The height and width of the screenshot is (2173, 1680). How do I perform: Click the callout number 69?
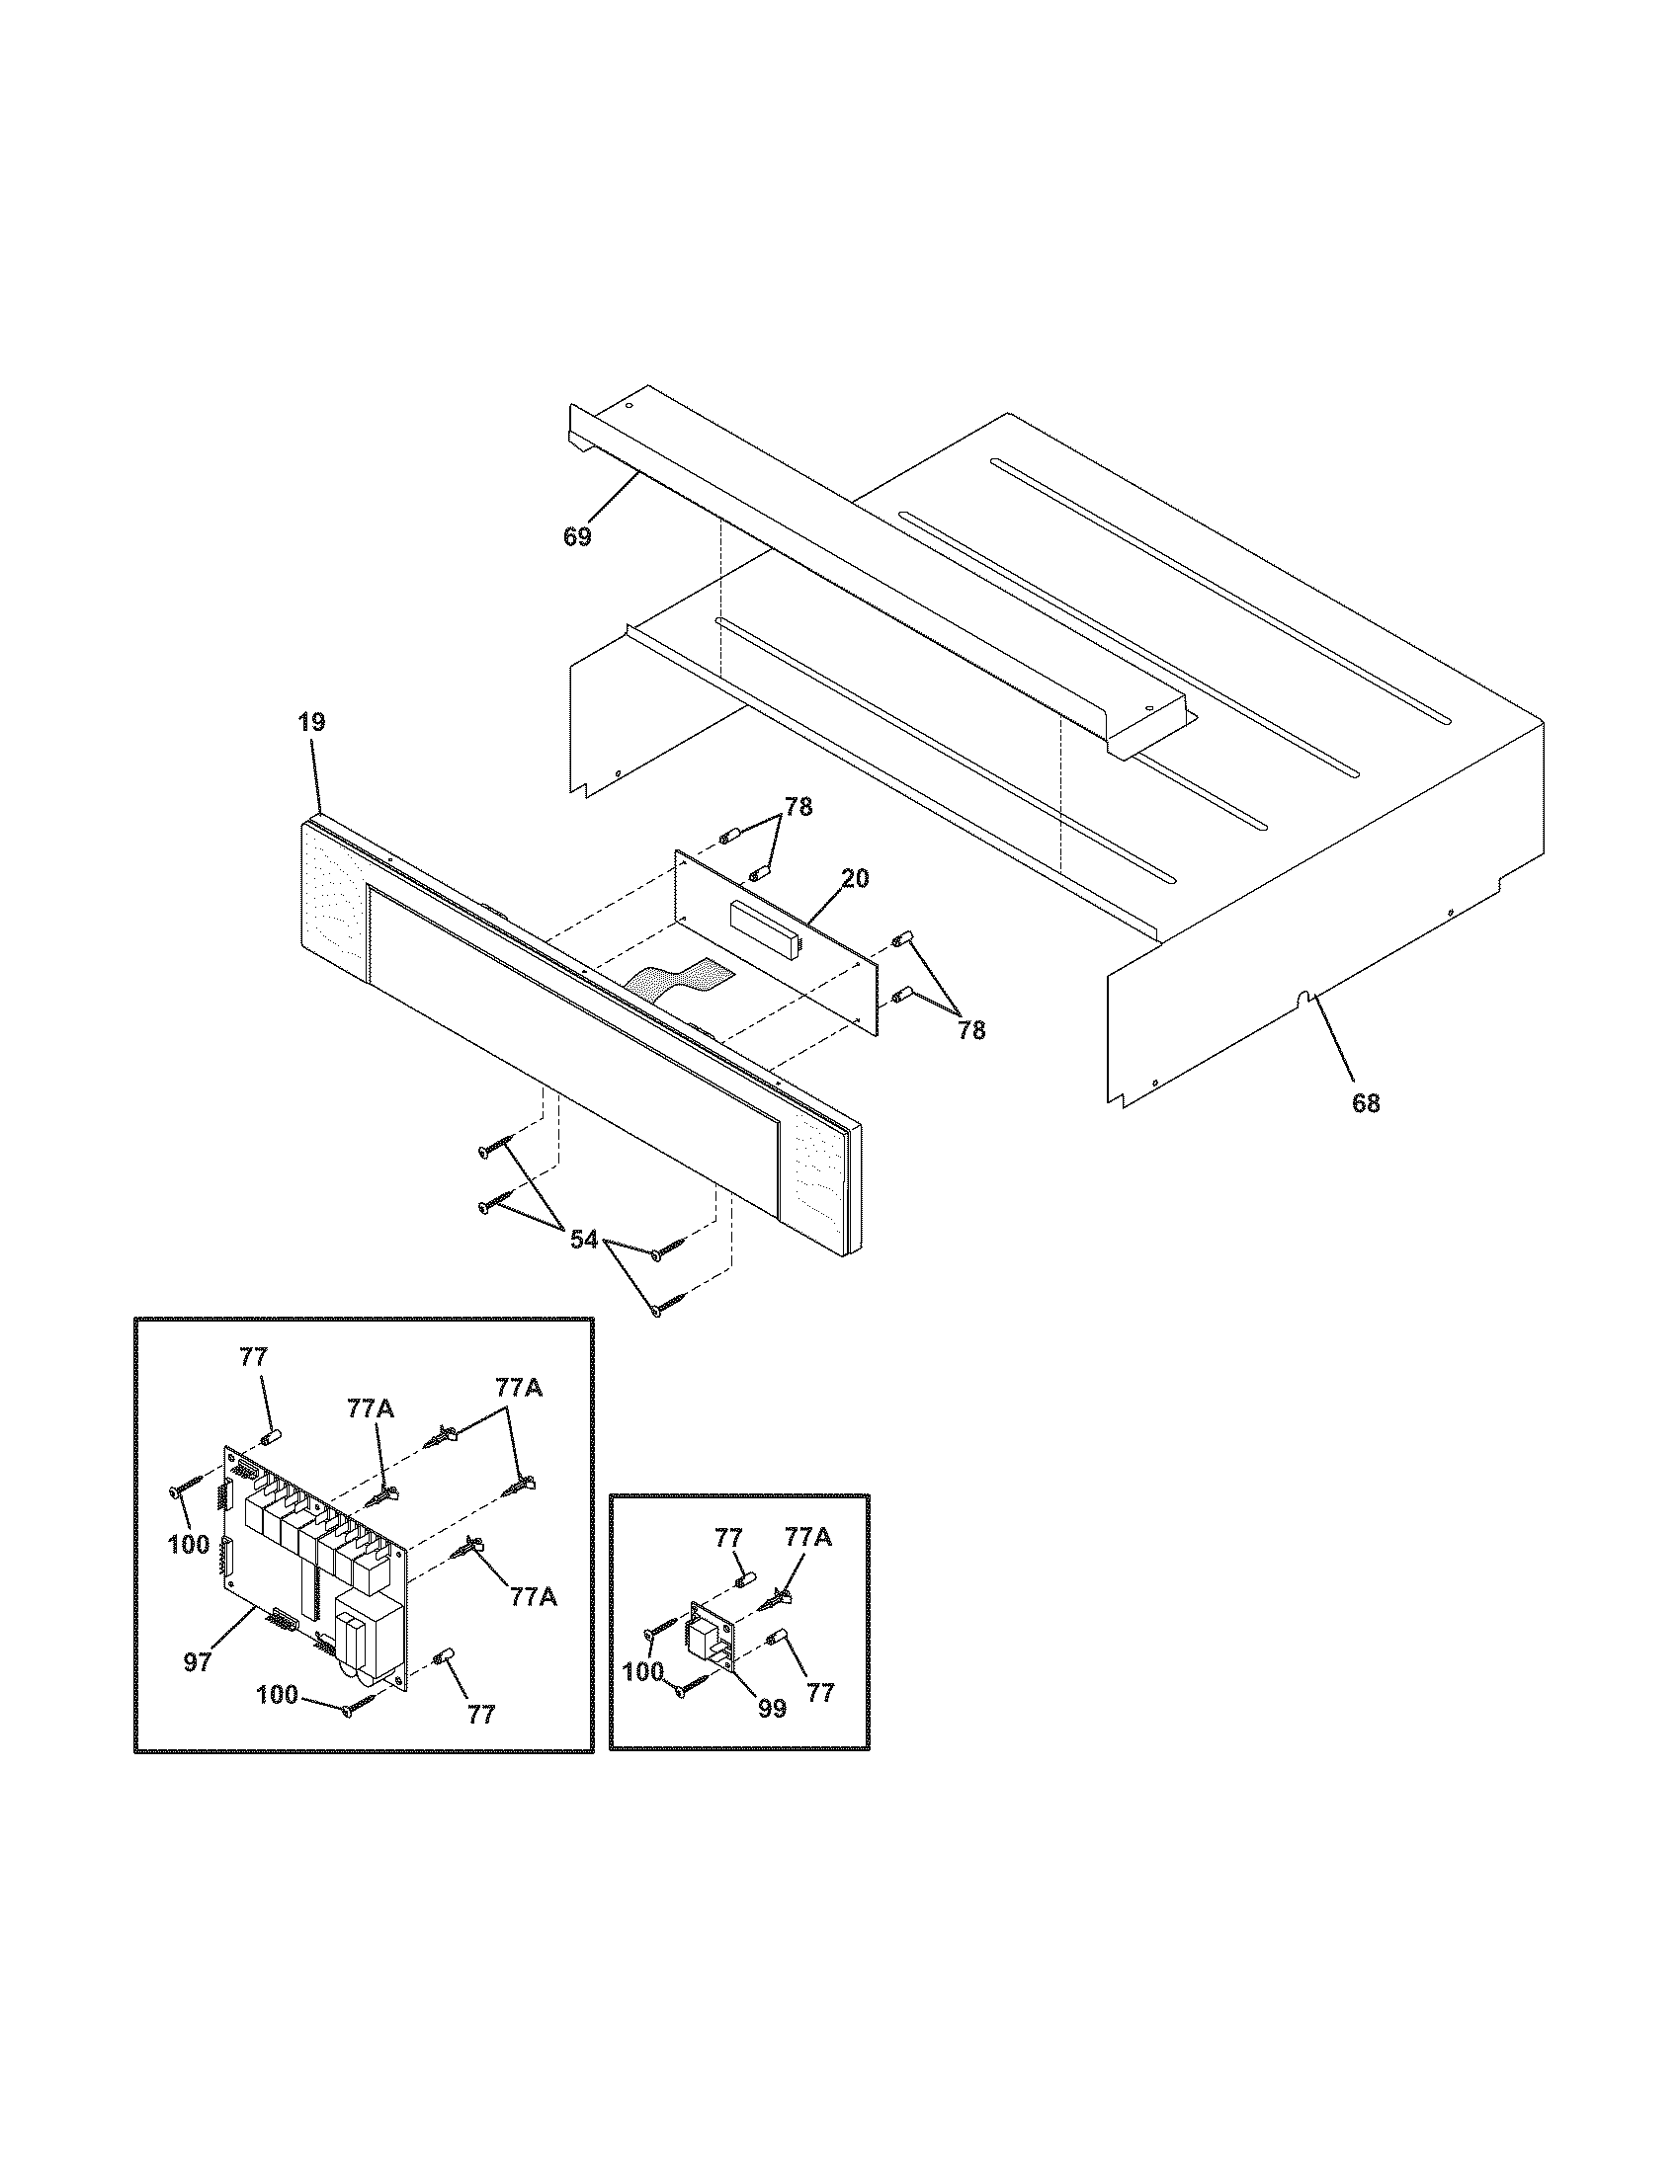[577, 537]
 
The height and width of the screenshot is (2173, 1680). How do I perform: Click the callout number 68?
[1366, 1102]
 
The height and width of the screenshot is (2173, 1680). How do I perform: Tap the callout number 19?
[311, 722]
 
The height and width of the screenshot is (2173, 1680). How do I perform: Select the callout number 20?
[854, 878]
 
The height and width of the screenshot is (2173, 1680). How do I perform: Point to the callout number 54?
[584, 1240]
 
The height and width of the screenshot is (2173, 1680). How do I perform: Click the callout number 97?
[197, 1661]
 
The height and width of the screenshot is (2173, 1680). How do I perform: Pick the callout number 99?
[772, 1709]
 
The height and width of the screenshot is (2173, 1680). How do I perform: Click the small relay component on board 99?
[706, 1637]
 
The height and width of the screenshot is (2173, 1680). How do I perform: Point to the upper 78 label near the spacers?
[798, 808]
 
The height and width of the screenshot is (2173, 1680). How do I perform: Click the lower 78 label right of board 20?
[971, 1031]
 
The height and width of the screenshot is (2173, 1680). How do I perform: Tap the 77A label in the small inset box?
[808, 1537]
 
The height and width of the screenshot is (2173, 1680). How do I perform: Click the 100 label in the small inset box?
[643, 1672]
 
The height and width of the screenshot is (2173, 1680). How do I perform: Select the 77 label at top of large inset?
[254, 1356]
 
